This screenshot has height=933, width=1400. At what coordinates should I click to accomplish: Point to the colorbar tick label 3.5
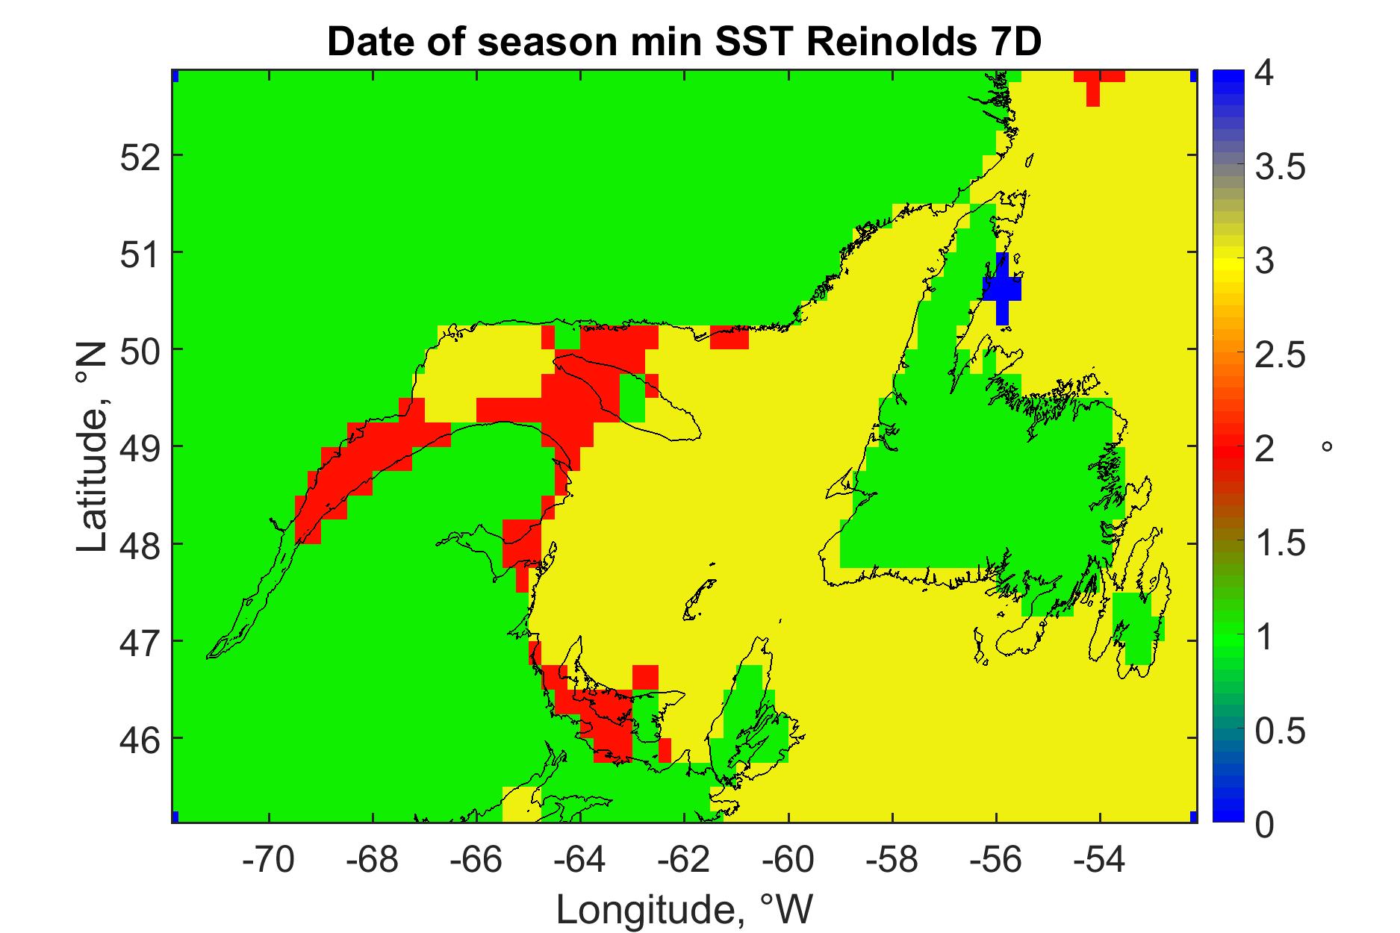tap(1281, 167)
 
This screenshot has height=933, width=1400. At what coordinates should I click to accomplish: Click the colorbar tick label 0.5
tap(1281, 732)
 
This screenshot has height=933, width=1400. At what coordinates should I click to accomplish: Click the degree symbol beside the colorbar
tap(1327, 447)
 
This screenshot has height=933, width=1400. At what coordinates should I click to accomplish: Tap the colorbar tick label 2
tap(1265, 450)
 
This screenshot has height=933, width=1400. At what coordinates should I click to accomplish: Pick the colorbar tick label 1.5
tap(1281, 544)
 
